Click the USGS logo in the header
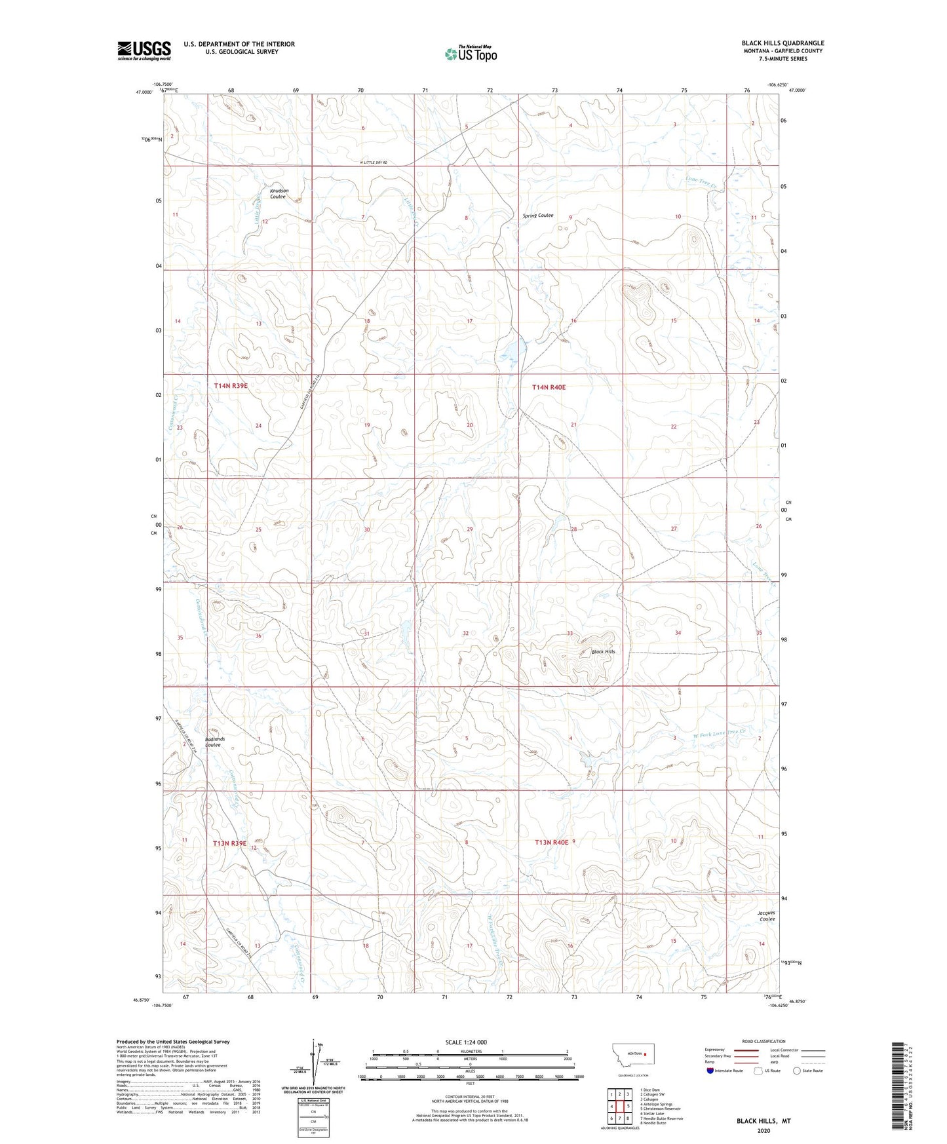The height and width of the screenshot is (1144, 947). pos(144,50)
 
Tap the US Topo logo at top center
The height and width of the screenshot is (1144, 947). pos(471,54)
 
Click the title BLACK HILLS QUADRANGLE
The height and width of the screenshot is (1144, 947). pos(783,43)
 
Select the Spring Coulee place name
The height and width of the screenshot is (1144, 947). pos(537,216)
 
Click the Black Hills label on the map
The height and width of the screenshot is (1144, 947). pos(603,652)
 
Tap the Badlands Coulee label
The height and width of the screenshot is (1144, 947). pos(214,742)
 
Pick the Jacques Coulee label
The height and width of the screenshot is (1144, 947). pos(766,915)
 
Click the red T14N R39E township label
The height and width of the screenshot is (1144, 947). pos(231,386)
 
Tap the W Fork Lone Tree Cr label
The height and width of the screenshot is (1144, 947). pos(720,734)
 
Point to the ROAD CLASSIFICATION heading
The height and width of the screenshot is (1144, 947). pos(763,1041)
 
